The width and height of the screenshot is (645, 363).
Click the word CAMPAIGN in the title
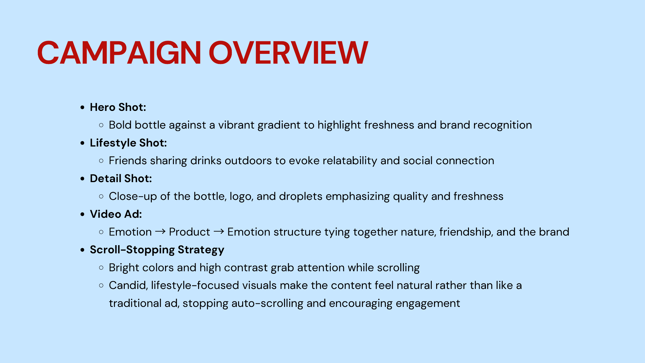point(119,53)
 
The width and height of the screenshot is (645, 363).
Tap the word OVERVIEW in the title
point(288,53)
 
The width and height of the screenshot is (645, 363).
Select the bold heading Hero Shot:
point(118,107)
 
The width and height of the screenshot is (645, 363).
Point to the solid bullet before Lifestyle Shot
point(83,143)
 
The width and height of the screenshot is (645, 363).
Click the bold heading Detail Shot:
point(121,178)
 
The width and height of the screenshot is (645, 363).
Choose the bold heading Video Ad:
point(116,214)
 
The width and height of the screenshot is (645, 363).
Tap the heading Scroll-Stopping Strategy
point(157,250)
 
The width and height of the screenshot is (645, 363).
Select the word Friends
point(128,161)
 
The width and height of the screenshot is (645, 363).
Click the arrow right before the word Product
point(160,232)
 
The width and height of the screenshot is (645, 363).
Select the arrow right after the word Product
point(219,232)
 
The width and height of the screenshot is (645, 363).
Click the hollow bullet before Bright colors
point(101,268)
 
